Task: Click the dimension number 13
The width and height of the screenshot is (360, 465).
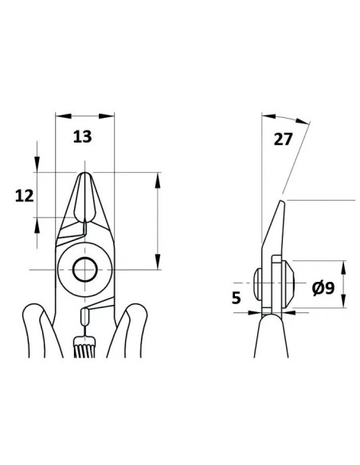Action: pos(83,137)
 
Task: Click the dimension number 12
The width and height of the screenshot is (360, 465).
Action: pos(25,196)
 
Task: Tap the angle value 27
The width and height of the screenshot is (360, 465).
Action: pos(283,139)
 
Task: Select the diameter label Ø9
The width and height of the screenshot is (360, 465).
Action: pos(323,288)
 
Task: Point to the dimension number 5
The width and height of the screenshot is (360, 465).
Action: pos(236,298)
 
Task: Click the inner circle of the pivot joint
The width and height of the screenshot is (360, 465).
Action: pos(85,270)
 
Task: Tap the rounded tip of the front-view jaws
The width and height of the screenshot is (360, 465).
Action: pos(85,175)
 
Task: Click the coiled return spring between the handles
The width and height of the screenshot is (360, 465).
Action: pos(85,346)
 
